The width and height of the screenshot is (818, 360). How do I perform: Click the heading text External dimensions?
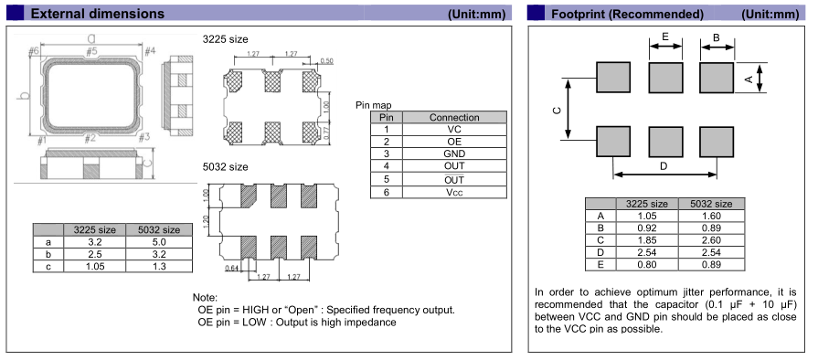point(98,14)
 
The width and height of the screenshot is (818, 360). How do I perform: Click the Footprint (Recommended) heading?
point(627,14)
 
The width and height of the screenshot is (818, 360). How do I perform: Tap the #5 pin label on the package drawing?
point(91,51)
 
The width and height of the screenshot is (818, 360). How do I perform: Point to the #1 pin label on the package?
point(42,140)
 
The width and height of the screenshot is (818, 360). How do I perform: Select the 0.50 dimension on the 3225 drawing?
point(326,61)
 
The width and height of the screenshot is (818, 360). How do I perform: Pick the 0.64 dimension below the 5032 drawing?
point(231,269)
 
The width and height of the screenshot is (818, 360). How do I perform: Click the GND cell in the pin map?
point(454,154)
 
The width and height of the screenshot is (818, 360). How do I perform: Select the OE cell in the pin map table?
point(454,142)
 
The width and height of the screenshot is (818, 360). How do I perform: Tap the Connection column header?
point(454,117)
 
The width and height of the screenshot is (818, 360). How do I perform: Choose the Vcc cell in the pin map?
point(454,192)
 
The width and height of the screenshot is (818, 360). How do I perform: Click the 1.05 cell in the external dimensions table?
point(94,266)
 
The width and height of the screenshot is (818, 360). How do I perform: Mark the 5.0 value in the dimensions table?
point(159,242)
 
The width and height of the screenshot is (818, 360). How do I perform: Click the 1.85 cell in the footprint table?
point(647,240)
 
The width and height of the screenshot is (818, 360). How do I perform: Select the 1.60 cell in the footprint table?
point(711,216)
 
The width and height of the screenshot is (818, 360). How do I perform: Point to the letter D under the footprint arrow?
point(664,166)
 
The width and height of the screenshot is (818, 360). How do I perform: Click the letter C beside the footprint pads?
point(557,111)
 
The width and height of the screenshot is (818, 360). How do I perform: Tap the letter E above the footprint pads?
point(665,37)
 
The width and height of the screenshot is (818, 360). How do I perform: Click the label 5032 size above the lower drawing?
point(226,167)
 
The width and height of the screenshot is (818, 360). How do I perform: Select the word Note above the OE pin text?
point(205,297)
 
